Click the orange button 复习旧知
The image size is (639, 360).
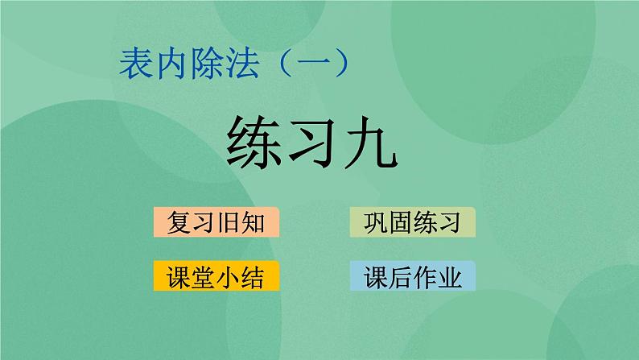click(x=215, y=222)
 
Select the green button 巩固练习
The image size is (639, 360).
click(x=413, y=222)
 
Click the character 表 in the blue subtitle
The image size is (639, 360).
click(x=133, y=62)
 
